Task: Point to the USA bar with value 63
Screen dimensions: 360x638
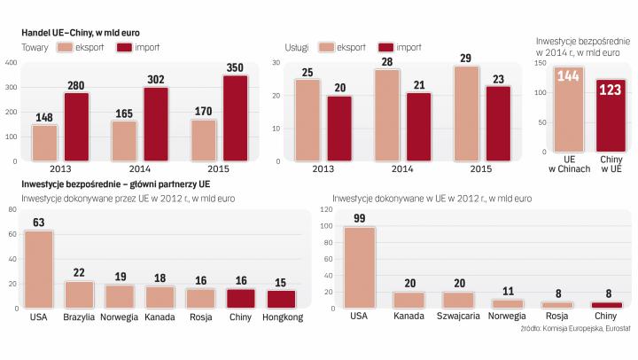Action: pyautogui.click(x=38, y=270)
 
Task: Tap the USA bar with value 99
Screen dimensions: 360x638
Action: pyautogui.click(x=359, y=267)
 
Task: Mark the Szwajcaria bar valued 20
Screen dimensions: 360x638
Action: pyautogui.click(x=458, y=300)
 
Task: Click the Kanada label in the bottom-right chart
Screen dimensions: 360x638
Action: pyautogui.click(x=408, y=317)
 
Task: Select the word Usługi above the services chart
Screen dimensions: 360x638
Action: pyautogui.click(x=296, y=46)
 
